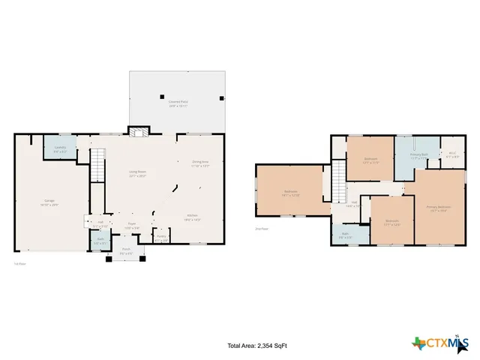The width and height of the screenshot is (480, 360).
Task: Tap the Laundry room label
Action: point(60,149)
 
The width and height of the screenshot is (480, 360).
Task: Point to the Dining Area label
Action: point(200,163)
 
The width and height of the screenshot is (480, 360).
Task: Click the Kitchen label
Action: point(193,218)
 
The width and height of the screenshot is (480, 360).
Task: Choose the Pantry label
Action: point(161,238)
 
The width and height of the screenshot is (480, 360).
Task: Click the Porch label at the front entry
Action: point(126,251)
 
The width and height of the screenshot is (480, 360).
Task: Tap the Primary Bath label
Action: point(418,156)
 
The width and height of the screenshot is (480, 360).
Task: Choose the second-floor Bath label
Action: point(345,235)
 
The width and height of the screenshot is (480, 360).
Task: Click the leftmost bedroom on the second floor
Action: point(289,193)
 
